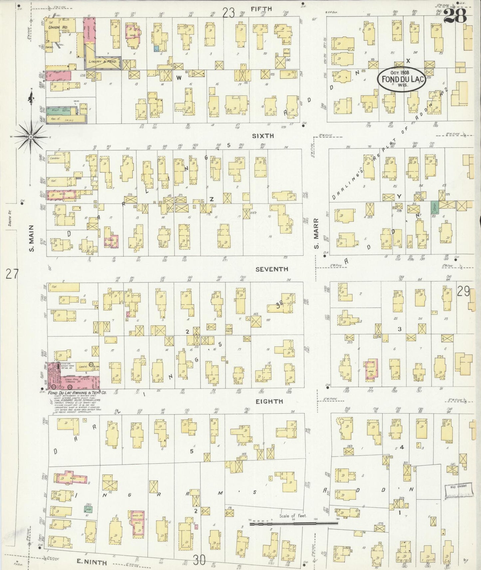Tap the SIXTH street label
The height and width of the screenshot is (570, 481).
(263, 136)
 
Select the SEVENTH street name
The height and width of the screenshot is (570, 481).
(272, 269)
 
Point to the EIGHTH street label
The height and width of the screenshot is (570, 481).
(269, 402)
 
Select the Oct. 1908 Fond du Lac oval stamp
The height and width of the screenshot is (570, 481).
(402, 79)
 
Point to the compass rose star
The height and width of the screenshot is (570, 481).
(31, 137)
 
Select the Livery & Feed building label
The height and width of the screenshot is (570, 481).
(102, 62)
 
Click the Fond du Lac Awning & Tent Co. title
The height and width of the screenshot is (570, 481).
(77, 393)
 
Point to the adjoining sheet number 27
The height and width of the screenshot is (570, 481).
(12, 275)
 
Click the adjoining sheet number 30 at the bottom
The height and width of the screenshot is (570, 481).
(199, 560)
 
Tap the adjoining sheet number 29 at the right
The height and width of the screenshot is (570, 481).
(463, 291)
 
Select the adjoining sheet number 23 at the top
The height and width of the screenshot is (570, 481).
(229, 13)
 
